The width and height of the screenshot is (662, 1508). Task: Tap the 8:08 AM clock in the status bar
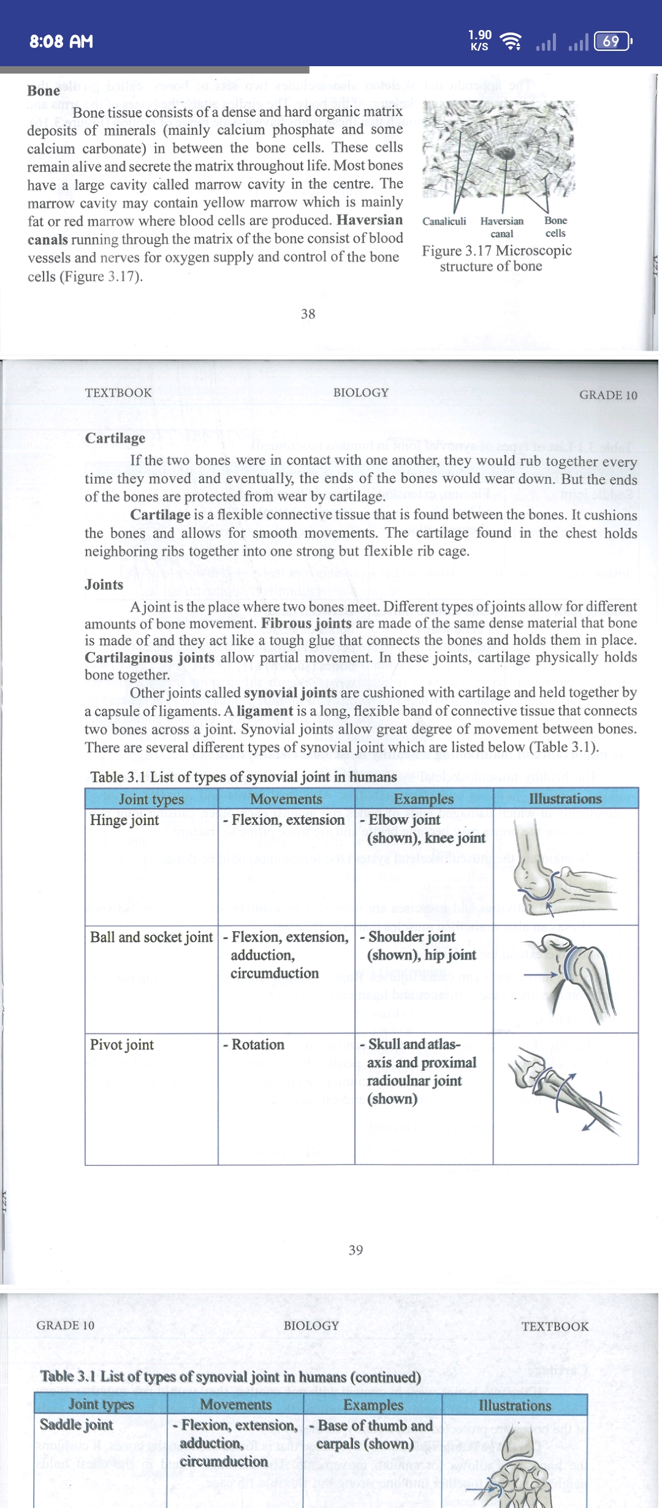[x=61, y=42]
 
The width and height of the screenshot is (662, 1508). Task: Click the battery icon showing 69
[x=612, y=42]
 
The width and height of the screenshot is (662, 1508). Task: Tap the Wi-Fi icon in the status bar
[x=511, y=42]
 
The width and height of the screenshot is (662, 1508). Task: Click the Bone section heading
[x=44, y=91]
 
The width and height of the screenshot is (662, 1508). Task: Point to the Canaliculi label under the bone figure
[x=444, y=221]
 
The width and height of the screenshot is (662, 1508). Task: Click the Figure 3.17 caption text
[x=496, y=258]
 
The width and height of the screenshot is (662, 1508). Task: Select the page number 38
[x=308, y=314]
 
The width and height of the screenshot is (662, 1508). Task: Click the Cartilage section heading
[x=115, y=438]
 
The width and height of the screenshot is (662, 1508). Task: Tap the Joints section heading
[x=104, y=584]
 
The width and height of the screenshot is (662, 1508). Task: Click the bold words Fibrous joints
[x=306, y=623]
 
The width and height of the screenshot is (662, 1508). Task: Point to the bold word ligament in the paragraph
[x=265, y=711]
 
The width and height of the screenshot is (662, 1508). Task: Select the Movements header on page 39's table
[x=286, y=799]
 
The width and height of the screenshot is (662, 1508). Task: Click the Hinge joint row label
[x=124, y=820]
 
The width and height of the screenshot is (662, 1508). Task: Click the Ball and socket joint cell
[x=151, y=937]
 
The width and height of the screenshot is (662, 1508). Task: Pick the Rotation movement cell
[x=257, y=1045]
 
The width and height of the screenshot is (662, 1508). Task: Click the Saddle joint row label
[x=77, y=1425]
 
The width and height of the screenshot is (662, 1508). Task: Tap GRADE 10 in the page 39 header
[x=608, y=395]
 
